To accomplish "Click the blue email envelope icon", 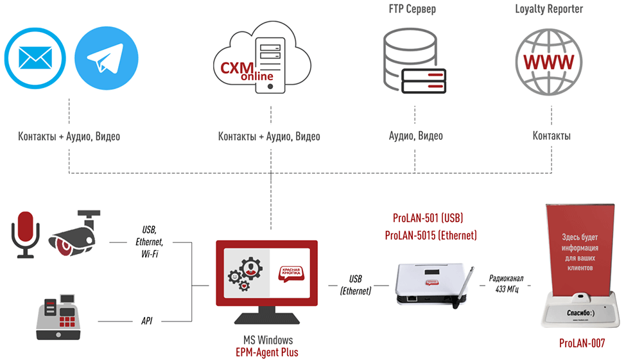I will coord(35,59).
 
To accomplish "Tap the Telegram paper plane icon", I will coord(107,59).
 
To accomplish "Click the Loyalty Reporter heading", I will coord(549,10).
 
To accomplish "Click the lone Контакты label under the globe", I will coord(551,136).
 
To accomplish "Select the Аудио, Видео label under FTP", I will coord(415,136).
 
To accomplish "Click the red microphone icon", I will coord(26,234).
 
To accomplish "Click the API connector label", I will coord(146,319).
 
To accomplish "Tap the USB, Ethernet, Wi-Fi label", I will coord(150,242).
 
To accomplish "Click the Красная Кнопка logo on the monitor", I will coord(293,273).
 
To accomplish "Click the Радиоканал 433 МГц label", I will coord(507,284).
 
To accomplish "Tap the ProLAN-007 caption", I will coord(582,343).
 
